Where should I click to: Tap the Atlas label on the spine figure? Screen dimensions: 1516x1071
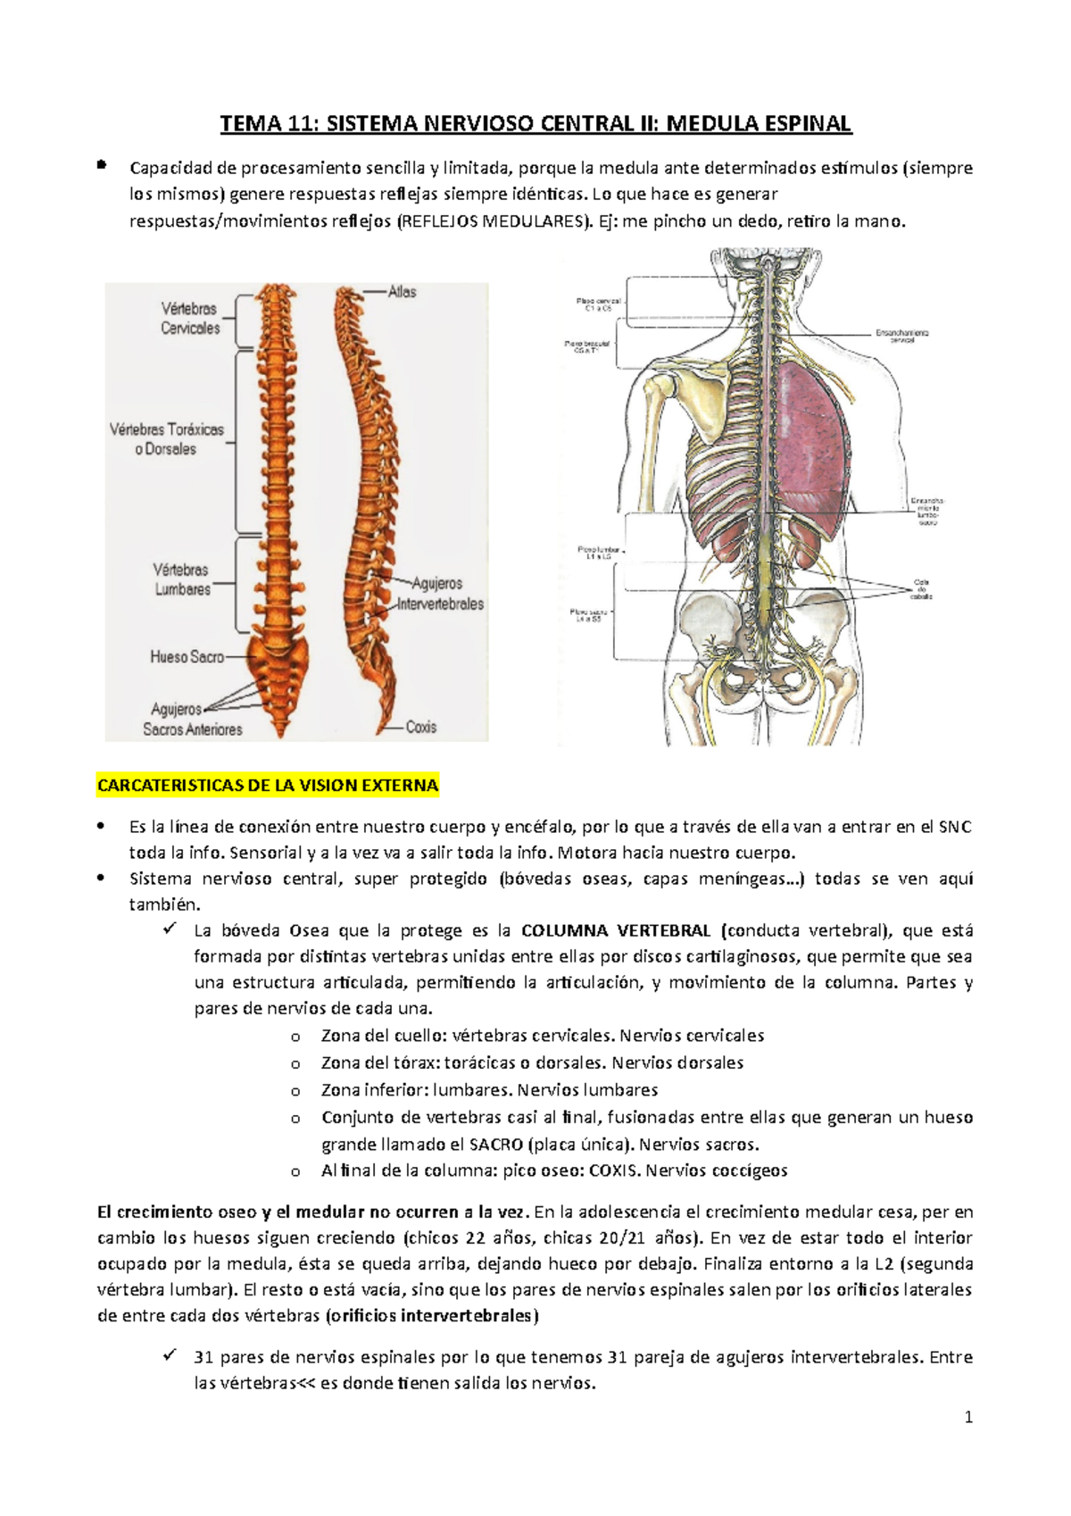click(402, 292)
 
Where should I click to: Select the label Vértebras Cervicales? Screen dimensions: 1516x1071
click(190, 319)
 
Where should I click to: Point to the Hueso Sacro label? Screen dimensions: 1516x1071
click(187, 657)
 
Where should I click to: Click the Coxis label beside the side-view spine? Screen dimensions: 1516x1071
click(420, 728)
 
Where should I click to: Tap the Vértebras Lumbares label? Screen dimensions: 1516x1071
click(182, 579)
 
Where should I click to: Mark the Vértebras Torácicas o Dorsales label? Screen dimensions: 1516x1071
click(167, 439)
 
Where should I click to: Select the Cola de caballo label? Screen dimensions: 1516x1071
click(920, 589)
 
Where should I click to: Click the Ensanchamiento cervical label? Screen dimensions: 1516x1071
click(901, 336)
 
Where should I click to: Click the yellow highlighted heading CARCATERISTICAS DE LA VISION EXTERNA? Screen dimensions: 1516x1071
click(268, 787)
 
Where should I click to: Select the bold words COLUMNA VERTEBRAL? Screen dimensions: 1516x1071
click(615, 931)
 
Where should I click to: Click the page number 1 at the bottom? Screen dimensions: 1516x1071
click(968, 1418)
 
